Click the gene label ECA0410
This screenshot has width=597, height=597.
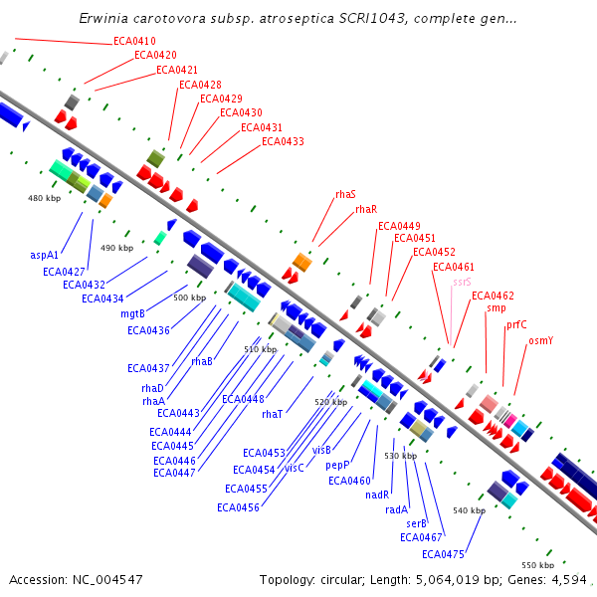click(134, 41)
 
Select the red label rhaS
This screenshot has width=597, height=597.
click(345, 195)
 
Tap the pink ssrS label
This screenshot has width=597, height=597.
click(462, 283)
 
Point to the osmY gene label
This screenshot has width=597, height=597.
click(540, 340)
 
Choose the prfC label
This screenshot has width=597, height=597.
click(516, 324)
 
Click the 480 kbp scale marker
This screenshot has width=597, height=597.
click(44, 199)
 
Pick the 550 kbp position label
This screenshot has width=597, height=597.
click(537, 565)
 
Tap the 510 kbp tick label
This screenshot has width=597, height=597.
click(260, 349)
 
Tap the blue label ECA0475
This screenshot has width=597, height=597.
click(443, 554)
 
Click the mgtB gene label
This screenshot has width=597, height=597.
click(133, 313)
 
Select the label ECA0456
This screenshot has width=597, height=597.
click(238, 507)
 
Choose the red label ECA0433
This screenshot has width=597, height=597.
click(283, 141)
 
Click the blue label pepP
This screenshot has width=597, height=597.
click(338, 465)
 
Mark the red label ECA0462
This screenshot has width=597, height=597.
click(493, 296)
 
